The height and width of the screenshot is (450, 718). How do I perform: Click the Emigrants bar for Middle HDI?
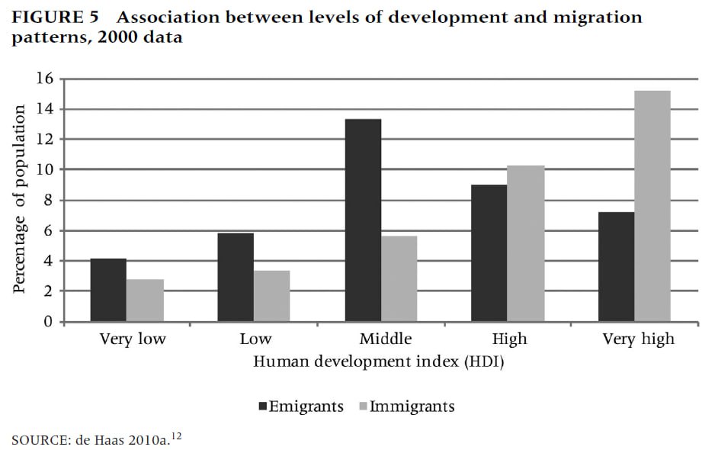tap(363, 220)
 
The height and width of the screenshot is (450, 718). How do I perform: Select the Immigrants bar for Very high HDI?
tap(652, 206)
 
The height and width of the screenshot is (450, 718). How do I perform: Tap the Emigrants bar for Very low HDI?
tap(108, 290)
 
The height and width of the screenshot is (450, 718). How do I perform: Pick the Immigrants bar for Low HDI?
tap(271, 296)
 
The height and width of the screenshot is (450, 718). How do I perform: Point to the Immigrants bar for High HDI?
tap(526, 243)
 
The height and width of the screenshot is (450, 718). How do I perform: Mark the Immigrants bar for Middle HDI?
tap(399, 278)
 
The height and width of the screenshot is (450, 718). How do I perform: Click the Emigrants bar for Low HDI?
tap(236, 277)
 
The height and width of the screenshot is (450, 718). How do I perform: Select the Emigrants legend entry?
tap(300, 406)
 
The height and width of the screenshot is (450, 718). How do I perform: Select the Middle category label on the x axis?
tap(386, 338)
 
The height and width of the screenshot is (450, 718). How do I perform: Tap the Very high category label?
tap(638, 339)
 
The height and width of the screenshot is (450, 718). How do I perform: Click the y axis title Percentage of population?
tap(20, 199)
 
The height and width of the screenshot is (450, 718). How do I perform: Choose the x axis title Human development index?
tap(379, 362)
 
